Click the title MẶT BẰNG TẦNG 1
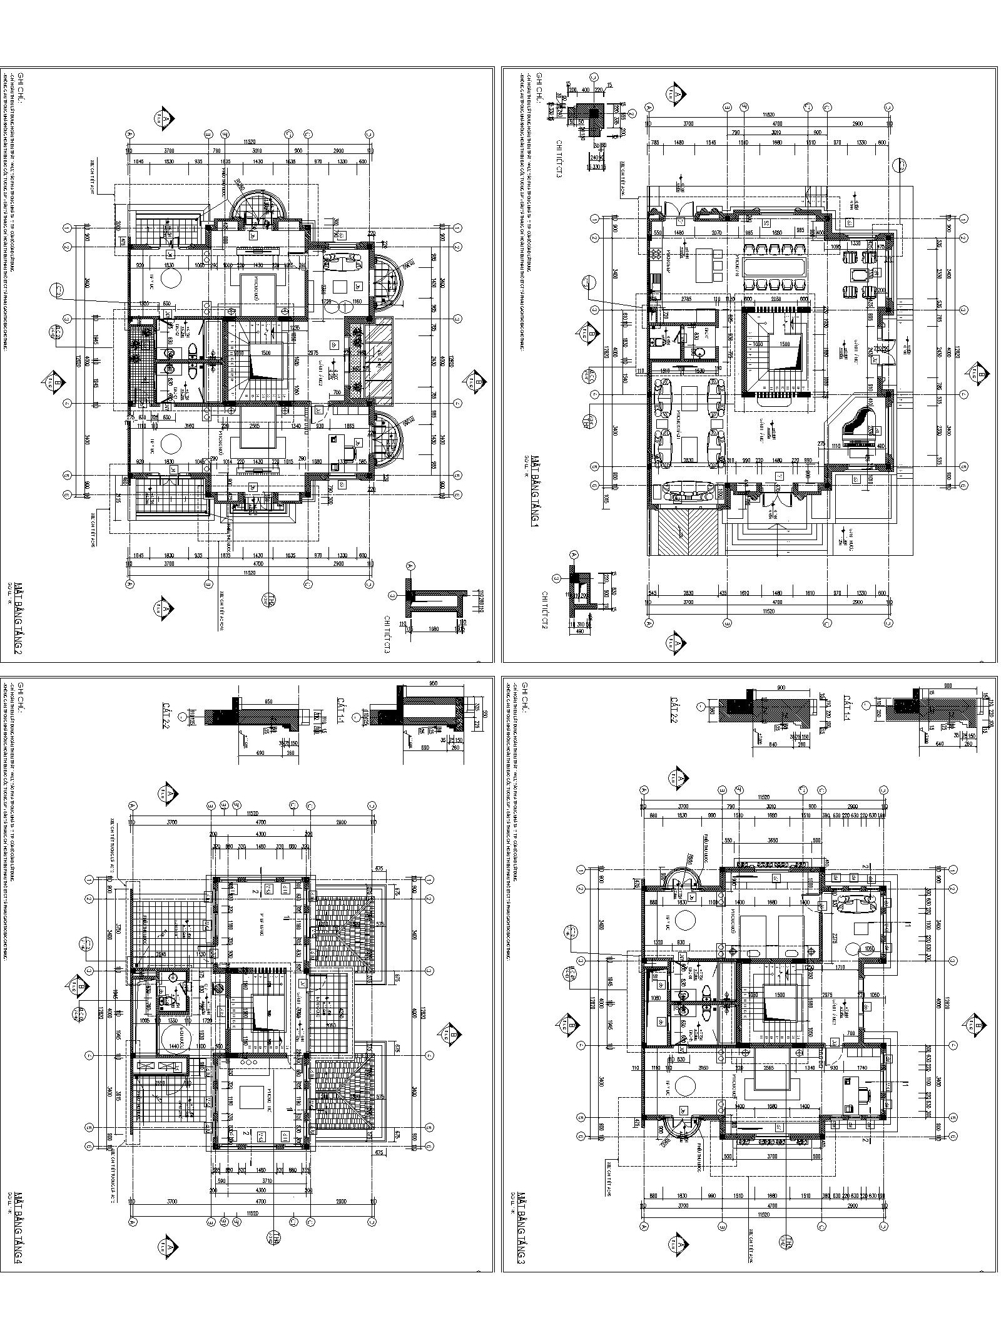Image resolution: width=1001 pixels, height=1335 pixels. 535,493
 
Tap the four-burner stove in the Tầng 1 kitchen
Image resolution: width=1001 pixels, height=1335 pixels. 657,254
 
